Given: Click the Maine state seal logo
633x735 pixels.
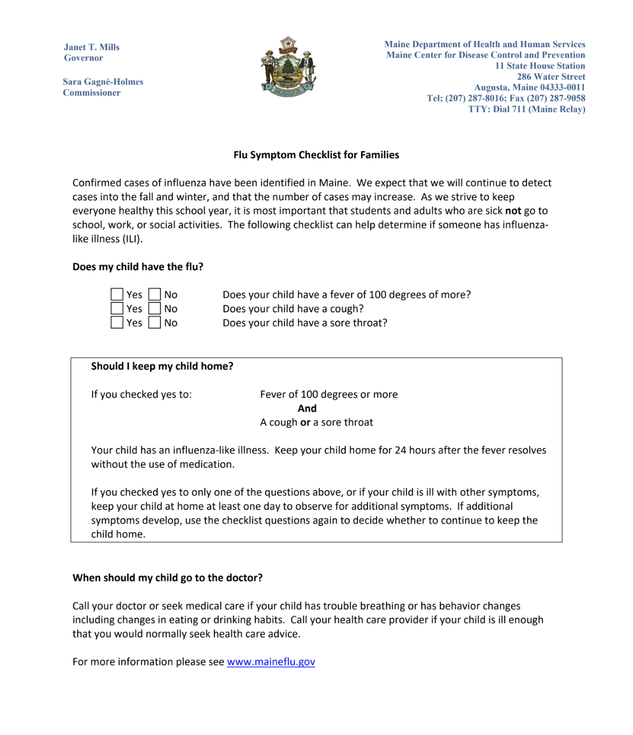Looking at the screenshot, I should [x=287, y=66].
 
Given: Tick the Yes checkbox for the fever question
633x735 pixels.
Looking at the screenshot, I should [x=117, y=295].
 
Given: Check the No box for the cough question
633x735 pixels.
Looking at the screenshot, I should [x=154, y=309].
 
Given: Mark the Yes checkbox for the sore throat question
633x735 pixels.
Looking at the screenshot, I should [x=117, y=323].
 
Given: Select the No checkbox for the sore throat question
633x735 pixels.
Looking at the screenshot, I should [x=154, y=323].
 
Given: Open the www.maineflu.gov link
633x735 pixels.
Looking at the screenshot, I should [x=271, y=662].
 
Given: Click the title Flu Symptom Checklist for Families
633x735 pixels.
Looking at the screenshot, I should [x=316, y=155].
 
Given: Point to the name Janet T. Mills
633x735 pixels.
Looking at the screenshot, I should [x=91, y=47].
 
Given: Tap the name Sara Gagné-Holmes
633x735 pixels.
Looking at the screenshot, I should [x=103, y=82].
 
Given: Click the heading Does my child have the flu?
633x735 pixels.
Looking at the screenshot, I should [x=138, y=267].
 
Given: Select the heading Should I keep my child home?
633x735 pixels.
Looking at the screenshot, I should [x=162, y=366].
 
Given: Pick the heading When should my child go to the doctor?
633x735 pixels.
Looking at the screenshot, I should [x=167, y=578].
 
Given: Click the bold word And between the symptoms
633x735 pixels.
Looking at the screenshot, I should [x=307, y=408].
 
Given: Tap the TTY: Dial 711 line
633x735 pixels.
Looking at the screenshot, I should [x=526, y=109].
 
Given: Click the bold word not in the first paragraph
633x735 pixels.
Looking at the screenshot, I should [x=513, y=211].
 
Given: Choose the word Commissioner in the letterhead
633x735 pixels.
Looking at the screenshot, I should [x=91, y=93].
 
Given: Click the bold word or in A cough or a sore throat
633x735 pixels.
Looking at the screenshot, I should [x=305, y=422].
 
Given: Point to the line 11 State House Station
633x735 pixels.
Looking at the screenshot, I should [x=540, y=66].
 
